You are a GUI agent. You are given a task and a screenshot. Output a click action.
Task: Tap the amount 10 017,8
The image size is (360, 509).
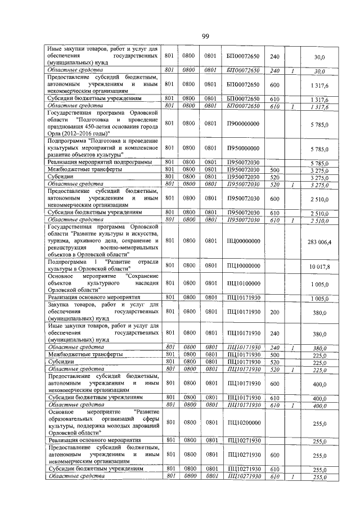pos(319,266)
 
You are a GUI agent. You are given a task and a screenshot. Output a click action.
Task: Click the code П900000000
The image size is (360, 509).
pos(242,123)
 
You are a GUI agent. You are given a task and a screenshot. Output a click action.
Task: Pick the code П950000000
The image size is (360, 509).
pos(242,148)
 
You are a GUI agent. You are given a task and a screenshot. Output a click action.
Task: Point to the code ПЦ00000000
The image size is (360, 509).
pos(243,241)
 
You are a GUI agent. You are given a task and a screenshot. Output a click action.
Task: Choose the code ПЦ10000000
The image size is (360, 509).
pos(243,266)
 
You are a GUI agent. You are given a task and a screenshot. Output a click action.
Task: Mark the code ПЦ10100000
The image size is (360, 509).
pos(243,284)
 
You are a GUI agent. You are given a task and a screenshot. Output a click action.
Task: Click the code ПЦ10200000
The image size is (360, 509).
pos(243,422)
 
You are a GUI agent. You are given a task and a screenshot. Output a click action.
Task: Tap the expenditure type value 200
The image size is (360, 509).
pos(274,312)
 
